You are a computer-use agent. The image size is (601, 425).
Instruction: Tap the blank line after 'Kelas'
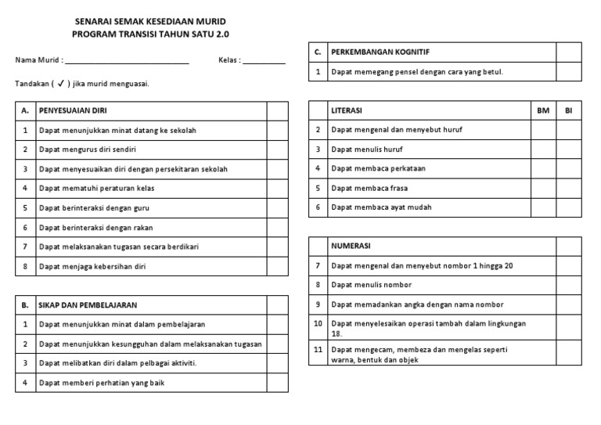265,61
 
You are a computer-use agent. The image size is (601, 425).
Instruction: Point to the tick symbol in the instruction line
60,83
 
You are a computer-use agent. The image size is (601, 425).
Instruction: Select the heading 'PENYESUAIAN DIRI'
73,111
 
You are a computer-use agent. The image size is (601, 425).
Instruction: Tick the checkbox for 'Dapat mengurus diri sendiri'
278,149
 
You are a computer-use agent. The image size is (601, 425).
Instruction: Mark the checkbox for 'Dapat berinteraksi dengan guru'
278,208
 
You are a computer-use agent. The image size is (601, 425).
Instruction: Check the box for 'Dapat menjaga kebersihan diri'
278,267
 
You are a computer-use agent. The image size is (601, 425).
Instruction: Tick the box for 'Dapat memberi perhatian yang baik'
278,384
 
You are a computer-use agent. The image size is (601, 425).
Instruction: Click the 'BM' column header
543,111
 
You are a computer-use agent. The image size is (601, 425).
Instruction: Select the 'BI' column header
569,111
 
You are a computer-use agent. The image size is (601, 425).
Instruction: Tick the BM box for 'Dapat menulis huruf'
543,149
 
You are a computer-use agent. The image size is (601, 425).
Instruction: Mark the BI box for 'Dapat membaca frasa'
569,189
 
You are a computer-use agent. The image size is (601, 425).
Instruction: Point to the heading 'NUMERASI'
350,247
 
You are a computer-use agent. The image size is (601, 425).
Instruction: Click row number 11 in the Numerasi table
318,351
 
